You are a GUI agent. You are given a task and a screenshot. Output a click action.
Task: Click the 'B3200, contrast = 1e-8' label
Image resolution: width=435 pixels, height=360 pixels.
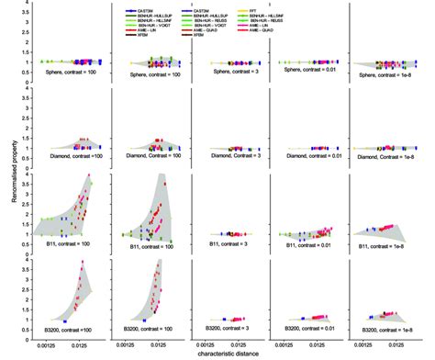tap(390, 328)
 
